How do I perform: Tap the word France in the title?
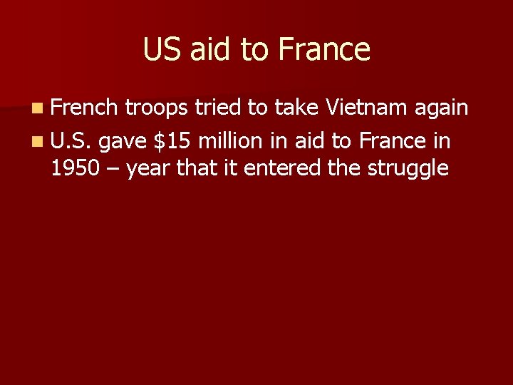click(324, 50)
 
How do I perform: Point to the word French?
click(84, 108)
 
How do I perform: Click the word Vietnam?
click(365, 108)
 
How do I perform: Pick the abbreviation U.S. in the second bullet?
click(71, 140)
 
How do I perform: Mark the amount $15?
click(172, 140)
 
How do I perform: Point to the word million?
click(233, 140)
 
